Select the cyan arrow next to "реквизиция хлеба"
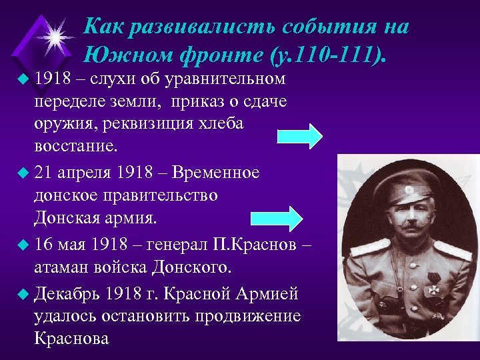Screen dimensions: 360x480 click(299, 135)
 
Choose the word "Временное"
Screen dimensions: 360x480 click(216, 172)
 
